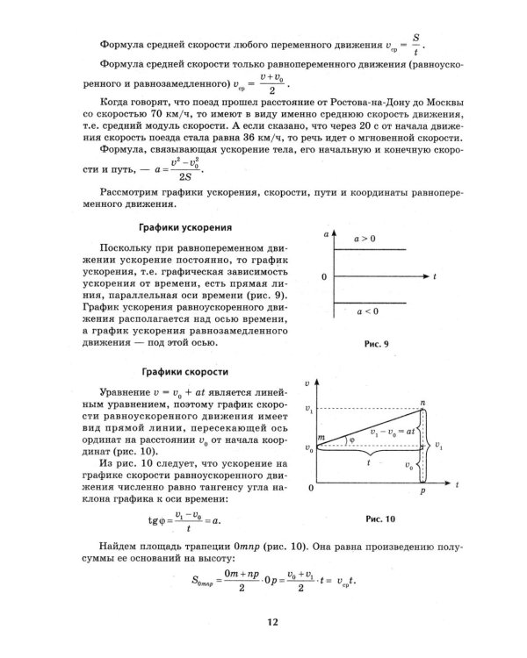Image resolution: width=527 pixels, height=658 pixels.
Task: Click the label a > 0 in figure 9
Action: click(x=365, y=239)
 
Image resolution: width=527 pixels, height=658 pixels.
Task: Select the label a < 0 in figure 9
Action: click(x=365, y=311)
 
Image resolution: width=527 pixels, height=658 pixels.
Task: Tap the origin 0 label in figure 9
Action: click(x=324, y=277)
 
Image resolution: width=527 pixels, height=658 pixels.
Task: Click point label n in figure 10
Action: click(x=422, y=402)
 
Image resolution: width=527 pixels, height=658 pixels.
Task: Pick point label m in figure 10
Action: click(x=321, y=437)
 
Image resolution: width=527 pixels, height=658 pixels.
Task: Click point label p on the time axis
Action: click(x=422, y=495)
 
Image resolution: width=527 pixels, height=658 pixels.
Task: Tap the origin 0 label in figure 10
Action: click(x=310, y=485)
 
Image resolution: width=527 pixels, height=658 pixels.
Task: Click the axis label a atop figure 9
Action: click(x=326, y=237)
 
